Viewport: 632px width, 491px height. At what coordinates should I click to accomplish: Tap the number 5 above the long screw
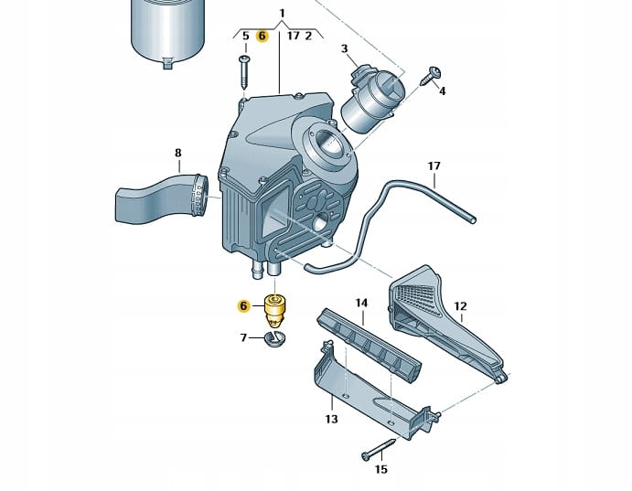click(245, 37)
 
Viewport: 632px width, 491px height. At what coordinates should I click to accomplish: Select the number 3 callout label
click(344, 48)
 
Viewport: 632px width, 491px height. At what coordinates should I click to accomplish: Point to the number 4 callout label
click(443, 91)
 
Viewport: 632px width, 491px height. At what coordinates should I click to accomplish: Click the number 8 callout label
click(177, 153)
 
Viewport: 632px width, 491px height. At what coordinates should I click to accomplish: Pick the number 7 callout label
click(244, 338)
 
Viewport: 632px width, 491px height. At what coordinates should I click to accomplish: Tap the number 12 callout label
click(460, 306)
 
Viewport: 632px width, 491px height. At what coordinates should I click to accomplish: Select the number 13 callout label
click(331, 420)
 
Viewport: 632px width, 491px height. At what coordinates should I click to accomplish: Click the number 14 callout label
click(361, 303)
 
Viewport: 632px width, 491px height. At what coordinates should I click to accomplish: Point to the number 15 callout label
click(381, 470)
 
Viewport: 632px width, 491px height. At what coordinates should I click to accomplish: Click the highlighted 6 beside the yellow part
click(243, 306)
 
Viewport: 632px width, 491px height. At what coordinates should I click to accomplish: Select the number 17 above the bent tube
click(434, 166)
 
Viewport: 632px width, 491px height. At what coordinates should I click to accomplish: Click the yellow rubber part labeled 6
click(273, 309)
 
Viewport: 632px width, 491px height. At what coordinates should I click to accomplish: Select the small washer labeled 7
click(273, 339)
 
